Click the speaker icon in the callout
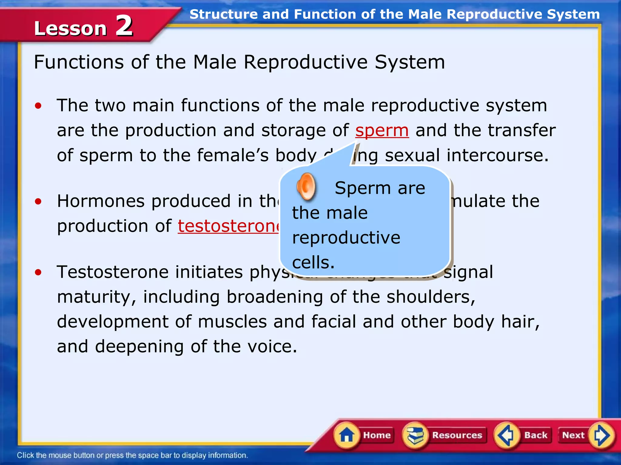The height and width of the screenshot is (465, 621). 306,186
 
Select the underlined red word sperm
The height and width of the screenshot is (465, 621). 382,130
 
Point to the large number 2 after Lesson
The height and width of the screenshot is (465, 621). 124,26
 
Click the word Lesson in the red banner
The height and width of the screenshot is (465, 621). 70,28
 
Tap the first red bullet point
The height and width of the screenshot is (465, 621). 38,106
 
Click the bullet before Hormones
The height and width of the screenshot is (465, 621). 38,201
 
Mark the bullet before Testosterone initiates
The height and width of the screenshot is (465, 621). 38,272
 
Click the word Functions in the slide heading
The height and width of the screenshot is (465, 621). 79,62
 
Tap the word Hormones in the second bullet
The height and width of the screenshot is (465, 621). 101,201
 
